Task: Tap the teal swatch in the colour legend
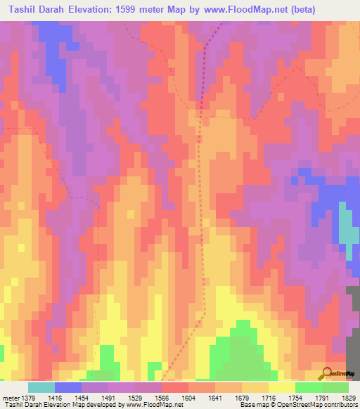pos(41,387)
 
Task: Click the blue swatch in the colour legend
pos(67,387)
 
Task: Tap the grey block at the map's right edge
pos(352,323)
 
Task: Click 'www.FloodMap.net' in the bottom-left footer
pos(150,405)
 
